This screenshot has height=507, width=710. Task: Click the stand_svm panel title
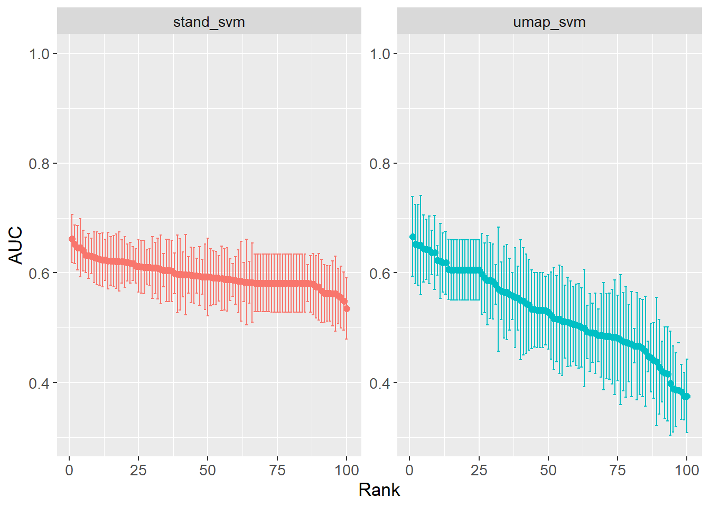click(x=209, y=22)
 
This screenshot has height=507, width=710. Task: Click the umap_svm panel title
click(x=549, y=22)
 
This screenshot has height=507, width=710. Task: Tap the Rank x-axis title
click(x=379, y=490)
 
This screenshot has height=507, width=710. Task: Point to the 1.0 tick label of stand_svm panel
click(x=39, y=54)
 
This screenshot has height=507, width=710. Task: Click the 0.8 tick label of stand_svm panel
click(x=39, y=164)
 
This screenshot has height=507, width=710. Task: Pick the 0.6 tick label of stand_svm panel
click(x=39, y=273)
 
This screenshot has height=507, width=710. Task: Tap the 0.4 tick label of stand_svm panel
click(x=39, y=383)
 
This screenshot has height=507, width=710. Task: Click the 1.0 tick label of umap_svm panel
click(x=379, y=54)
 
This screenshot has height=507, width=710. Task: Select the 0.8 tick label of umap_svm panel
click(x=379, y=164)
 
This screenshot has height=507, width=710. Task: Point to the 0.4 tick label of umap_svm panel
click(x=379, y=383)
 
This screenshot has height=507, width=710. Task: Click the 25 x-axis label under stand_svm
click(x=138, y=470)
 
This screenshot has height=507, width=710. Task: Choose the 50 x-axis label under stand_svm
click(x=208, y=470)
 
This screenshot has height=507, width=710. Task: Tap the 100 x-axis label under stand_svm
click(x=347, y=470)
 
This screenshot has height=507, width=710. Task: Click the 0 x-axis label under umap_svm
click(x=409, y=470)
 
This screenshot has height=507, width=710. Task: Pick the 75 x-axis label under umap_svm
click(x=618, y=470)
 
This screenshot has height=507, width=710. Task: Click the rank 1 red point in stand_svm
click(x=72, y=239)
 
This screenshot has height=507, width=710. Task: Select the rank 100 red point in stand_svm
click(x=347, y=308)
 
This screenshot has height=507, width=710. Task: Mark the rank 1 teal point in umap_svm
click(x=412, y=237)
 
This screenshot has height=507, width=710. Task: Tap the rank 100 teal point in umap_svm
click(x=687, y=396)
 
